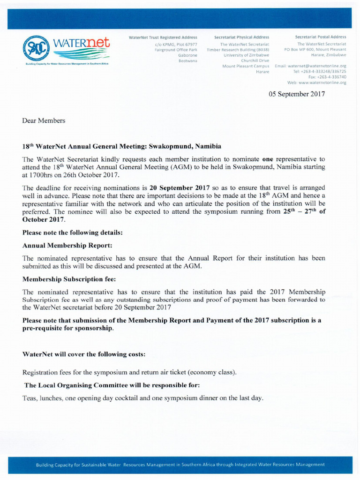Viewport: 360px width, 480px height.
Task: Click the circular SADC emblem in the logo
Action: [36, 48]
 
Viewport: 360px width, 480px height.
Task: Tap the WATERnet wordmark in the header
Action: [82, 44]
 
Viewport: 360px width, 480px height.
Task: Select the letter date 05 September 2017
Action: [296, 94]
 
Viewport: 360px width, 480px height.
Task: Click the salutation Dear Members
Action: [44, 120]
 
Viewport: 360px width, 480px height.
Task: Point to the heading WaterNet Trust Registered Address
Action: [163, 37]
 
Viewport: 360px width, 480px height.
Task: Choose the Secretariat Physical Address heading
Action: [241, 37]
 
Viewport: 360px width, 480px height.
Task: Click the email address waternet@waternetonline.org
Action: [316, 66]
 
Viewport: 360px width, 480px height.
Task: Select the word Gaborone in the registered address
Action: [187, 55]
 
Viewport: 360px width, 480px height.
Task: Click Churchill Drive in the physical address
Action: [255, 60]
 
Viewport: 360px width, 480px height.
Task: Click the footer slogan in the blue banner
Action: [180, 465]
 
